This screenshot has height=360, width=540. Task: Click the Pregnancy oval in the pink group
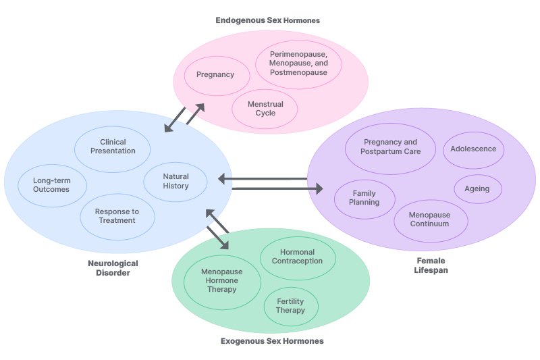[x=215, y=74]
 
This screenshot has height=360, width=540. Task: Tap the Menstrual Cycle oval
[x=265, y=109]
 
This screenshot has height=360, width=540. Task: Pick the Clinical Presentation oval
[x=112, y=147]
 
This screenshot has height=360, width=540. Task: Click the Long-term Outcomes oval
[x=51, y=184]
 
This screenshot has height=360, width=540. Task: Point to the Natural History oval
[x=175, y=181]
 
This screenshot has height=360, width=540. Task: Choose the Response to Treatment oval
[x=117, y=216]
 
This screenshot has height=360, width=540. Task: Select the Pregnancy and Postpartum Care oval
[x=390, y=147]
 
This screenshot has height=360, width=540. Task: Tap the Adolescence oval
[x=473, y=149]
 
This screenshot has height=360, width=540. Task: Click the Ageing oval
[x=477, y=189]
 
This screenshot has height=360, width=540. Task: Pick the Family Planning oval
[x=364, y=198]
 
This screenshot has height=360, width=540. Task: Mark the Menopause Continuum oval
[x=430, y=220]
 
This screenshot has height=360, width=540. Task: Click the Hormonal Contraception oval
[x=298, y=257]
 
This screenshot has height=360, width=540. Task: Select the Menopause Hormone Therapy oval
[x=221, y=280]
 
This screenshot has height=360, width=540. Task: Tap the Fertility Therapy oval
[x=290, y=306]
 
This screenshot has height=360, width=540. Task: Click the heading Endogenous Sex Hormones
[x=267, y=20]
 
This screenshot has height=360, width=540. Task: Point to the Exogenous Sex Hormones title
[x=272, y=341]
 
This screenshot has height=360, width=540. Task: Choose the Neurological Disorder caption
[x=113, y=268]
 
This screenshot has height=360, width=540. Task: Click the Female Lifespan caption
[x=431, y=265]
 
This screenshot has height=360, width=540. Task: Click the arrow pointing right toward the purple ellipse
[x=277, y=188]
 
